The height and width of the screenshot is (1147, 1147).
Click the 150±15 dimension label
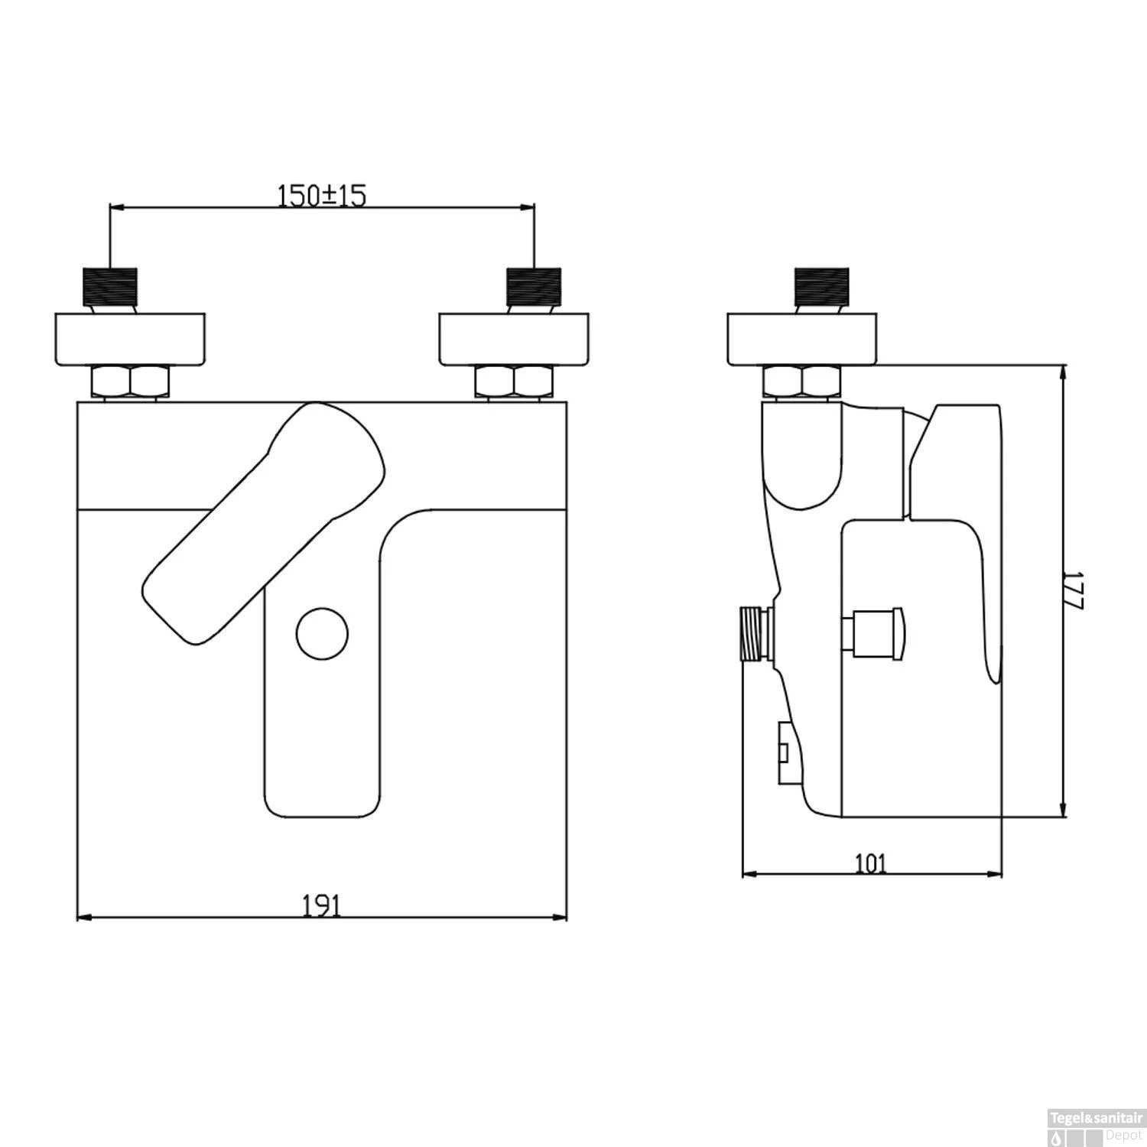322,196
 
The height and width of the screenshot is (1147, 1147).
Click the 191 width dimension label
321,905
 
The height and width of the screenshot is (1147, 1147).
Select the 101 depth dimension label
870,863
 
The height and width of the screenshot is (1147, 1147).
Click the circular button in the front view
322,634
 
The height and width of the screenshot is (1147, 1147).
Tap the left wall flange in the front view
130,339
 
